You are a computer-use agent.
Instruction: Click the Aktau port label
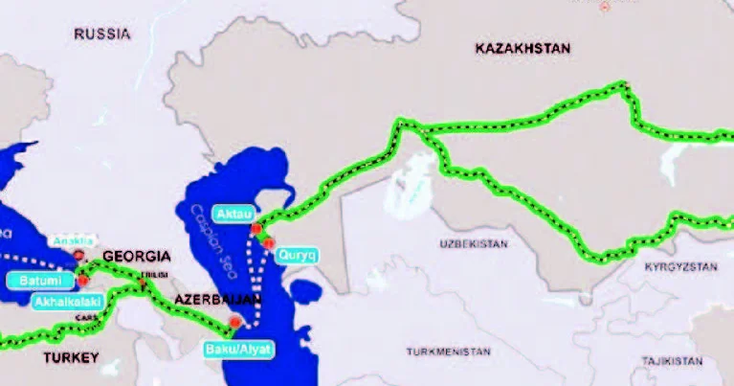click(234, 213)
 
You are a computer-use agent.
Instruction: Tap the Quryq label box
click(294, 256)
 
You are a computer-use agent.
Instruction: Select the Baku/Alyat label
click(238, 350)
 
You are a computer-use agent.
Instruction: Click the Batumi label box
click(44, 281)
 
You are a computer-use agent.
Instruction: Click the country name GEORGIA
click(136, 257)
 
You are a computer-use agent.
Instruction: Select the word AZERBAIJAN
click(216, 301)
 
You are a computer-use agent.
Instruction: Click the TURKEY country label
click(70, 357)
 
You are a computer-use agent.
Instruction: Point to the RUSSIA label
click(101, 34)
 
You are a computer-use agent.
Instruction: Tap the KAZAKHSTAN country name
click(522, 48)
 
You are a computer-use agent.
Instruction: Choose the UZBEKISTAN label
click(474, 245)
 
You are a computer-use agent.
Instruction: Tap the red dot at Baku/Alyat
click(235, 323)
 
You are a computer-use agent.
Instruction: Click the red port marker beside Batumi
click(83, 281)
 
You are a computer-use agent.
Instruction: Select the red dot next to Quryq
click(269, 243)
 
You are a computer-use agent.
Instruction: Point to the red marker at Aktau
click(256, 229)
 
